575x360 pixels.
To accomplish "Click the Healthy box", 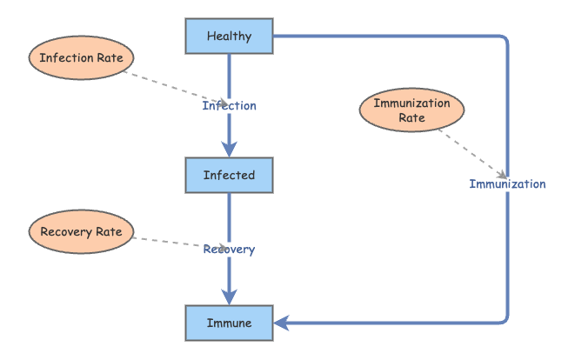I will (229, 37).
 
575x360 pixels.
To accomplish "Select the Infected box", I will (229, 175).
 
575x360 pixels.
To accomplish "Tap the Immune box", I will (229, 323).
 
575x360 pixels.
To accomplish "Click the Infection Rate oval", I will (82, 58).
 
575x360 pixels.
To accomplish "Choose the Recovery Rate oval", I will (82, 232).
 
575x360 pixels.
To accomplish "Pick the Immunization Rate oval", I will (411, 110).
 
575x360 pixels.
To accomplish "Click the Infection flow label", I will (229, 106).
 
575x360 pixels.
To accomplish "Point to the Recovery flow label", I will (229, 250).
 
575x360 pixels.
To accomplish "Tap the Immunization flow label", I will (507, 183).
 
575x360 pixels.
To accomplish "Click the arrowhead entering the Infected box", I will (229, 150).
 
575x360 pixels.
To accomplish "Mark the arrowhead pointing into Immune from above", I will (229, 298).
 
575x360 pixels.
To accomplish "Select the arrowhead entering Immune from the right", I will (282, 323).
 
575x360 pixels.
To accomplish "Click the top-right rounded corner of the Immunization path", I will (503, 40).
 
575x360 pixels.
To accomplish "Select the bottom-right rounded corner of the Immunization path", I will (503, 318).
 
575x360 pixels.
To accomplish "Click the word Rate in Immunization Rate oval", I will (411, 118).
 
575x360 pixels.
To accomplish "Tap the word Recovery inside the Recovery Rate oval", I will (67, 232).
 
